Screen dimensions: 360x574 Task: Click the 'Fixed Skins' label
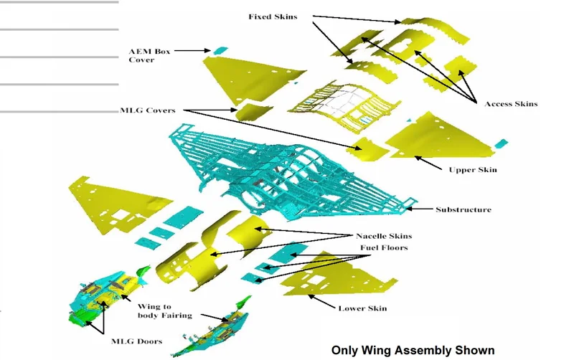(x=273, y=16)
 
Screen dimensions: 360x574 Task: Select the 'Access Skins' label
(x=511, y=104)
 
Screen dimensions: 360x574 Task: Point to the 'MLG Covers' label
(x=148, y=110)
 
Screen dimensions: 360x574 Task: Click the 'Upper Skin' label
(x=473, y=170)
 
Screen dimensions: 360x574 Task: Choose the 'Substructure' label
(x=464, y=209)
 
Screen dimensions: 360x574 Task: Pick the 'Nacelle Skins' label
(x=384, y=236)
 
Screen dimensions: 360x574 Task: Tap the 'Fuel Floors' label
(x=384, y=247)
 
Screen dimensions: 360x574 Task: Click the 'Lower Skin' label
(x=362, y=308)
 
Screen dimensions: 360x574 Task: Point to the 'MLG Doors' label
(x=136, y=341)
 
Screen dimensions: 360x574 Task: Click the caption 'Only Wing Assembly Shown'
(x=413, y=350)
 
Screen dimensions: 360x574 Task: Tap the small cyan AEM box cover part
(x=220, y=50)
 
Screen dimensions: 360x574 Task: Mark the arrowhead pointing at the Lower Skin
(x=310, y=294)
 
